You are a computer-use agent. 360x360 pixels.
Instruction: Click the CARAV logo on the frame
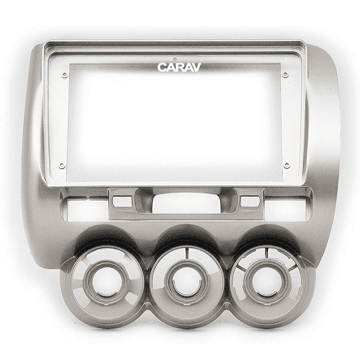[179, 67]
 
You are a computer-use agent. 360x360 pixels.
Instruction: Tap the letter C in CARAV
[162, 67]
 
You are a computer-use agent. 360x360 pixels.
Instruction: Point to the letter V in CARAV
[197, 67]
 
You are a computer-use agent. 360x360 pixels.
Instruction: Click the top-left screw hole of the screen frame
[65, 74]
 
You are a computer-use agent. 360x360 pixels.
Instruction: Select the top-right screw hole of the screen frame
[285, 74]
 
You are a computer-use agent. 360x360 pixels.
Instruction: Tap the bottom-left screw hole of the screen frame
[61, 165]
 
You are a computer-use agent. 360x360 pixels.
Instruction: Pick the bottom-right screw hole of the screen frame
[286, 165]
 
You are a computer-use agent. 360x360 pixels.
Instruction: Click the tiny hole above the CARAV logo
[175, 58]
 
